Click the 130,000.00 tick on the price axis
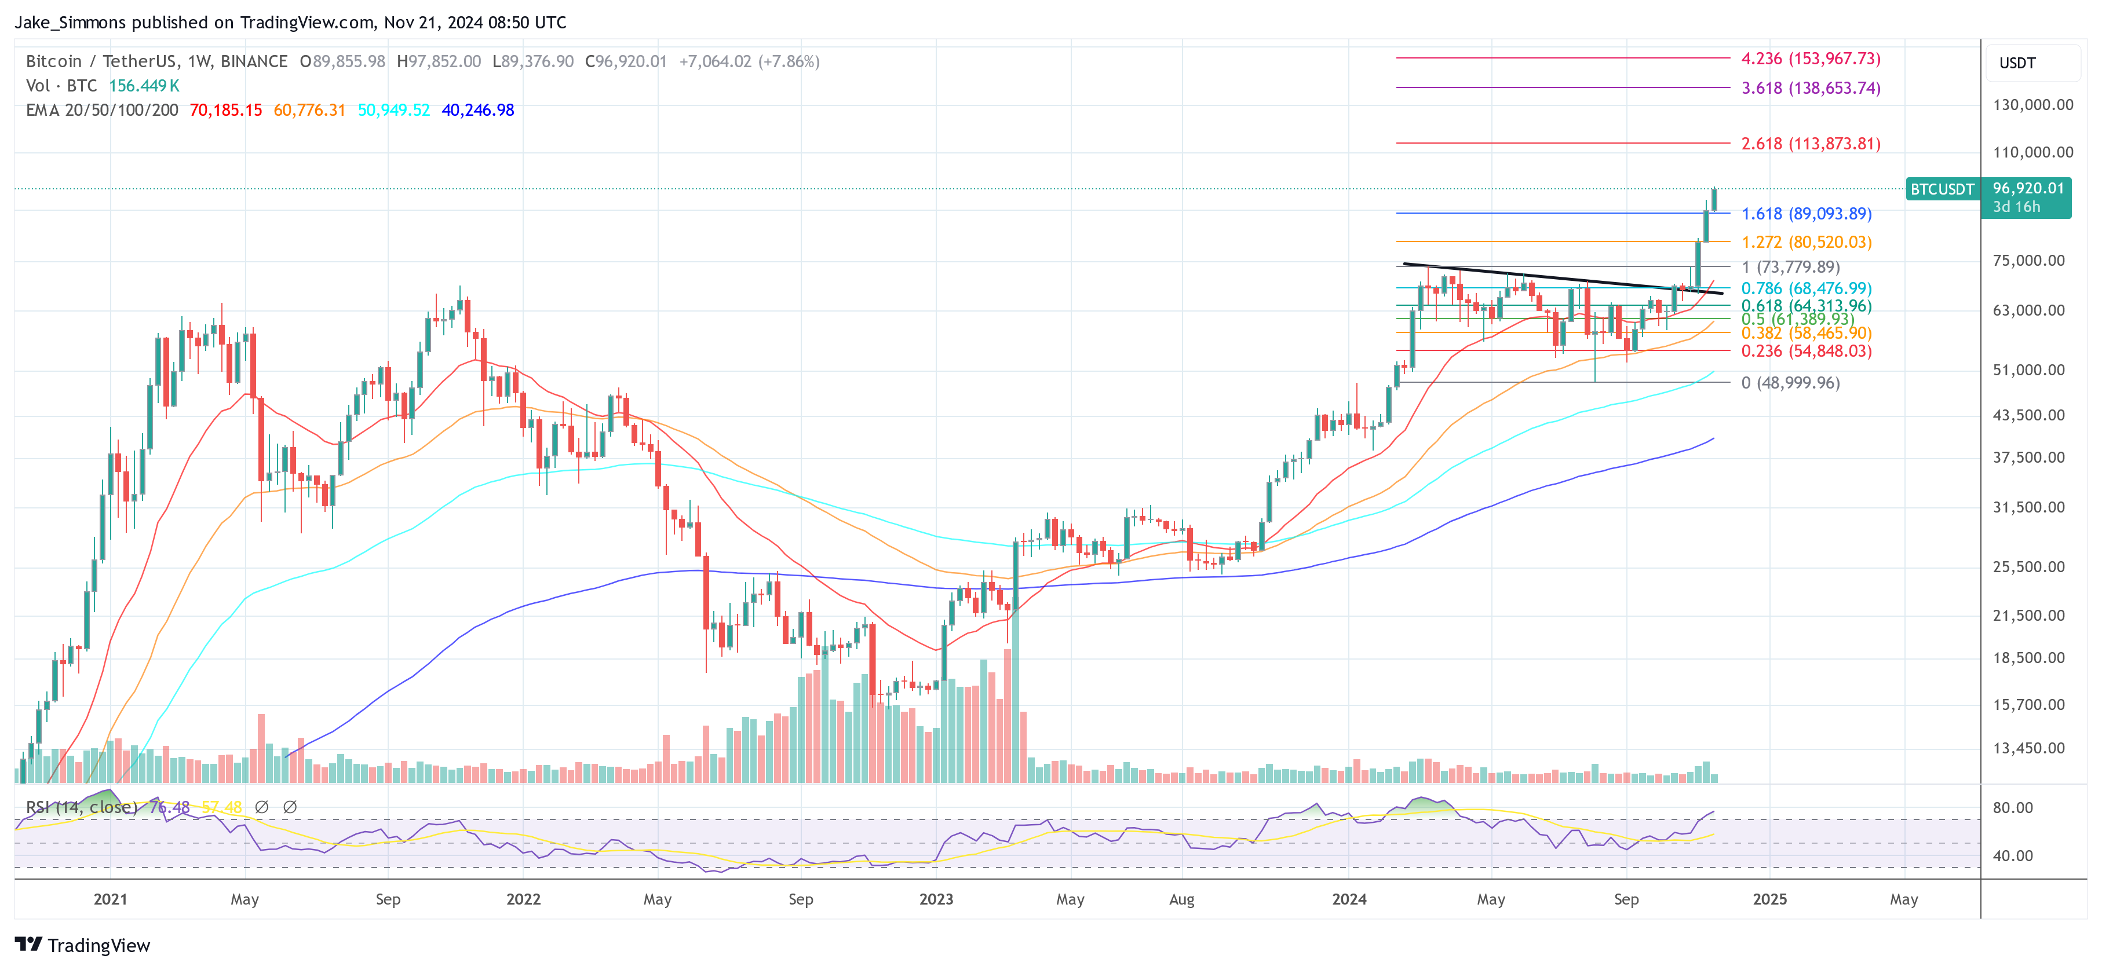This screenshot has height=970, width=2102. tap(2032, 104)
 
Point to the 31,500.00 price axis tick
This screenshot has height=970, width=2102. tap(2028, 507)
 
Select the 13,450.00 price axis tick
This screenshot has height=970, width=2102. tap(2028, 748)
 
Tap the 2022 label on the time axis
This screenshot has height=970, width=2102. tap(523, 899)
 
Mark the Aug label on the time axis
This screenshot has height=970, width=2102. tap(1181, 899)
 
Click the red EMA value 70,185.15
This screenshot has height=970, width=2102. tap(225, 110)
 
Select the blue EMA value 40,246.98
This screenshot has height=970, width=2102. tap(477, 110)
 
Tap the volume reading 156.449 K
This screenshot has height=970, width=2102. tap(144, 86)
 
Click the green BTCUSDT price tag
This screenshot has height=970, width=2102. tap(1942, 189)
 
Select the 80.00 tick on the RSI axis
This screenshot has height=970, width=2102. tap(2012, 808)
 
